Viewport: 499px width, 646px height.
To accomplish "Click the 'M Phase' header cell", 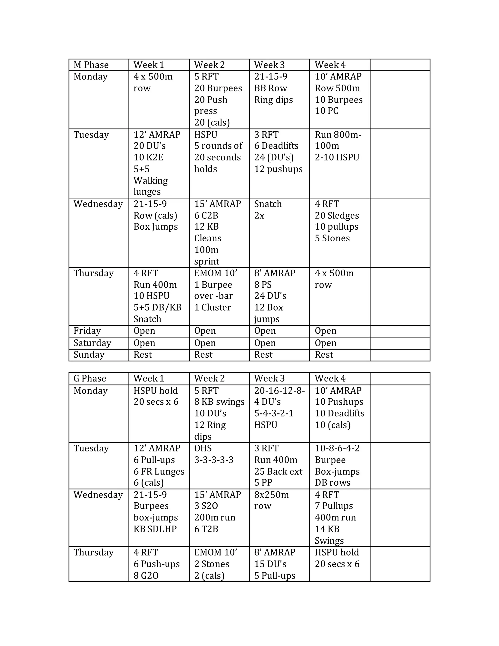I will (91, 65).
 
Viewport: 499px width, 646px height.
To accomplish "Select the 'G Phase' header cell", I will (90, 378).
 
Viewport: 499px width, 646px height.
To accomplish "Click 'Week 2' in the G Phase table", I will (209, 378).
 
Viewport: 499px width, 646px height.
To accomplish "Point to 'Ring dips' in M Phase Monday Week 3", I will (273, 100).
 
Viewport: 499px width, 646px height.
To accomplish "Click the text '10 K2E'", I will (148, 157).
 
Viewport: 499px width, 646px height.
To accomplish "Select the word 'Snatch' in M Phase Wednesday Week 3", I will (268, 204).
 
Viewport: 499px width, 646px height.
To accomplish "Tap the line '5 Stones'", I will (332, 238).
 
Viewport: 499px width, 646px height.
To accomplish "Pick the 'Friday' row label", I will (87, 331).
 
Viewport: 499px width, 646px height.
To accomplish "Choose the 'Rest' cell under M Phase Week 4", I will (324, 354).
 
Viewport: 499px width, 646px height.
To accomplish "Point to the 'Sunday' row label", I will (89, 354).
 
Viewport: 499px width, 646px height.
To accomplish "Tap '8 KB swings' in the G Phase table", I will (219, 402).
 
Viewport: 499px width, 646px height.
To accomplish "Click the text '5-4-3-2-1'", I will (274, 413).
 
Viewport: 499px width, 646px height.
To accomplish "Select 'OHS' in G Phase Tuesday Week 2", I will (203, 448).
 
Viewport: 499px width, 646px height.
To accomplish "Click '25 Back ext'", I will (278, 471).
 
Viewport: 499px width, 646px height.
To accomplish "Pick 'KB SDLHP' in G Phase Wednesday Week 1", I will (155, 529).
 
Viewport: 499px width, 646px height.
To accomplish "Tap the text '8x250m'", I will (271, 495).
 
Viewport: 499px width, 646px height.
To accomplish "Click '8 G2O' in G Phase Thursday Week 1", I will (146, 575).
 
